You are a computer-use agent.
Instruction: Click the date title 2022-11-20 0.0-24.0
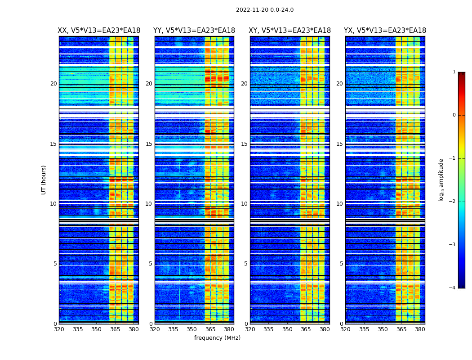pos(265,10)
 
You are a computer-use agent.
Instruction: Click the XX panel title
pos(99,31)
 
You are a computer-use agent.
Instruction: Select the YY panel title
pos(194,31)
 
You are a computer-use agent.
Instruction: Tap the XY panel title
pos(290,31)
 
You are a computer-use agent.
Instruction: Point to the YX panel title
pos(385,31)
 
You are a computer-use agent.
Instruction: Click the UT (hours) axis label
pos(44,180)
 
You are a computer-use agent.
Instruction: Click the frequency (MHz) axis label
pos(217,338)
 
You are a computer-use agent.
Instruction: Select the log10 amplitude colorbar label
pos(441,180)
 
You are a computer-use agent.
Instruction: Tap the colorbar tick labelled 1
pos(454,72)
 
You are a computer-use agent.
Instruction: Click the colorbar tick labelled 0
pos(454,115)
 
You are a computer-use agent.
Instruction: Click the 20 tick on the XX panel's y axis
pos(53,84)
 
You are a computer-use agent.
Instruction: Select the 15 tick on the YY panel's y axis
pos(149,144)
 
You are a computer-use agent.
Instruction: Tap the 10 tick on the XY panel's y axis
pos(244,204)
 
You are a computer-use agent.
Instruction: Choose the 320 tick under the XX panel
pos(59,329)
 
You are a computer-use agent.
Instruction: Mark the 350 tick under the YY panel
pos(192,329)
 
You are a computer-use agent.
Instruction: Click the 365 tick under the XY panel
pos(306,329)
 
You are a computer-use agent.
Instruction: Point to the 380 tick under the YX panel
pos(420,329)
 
